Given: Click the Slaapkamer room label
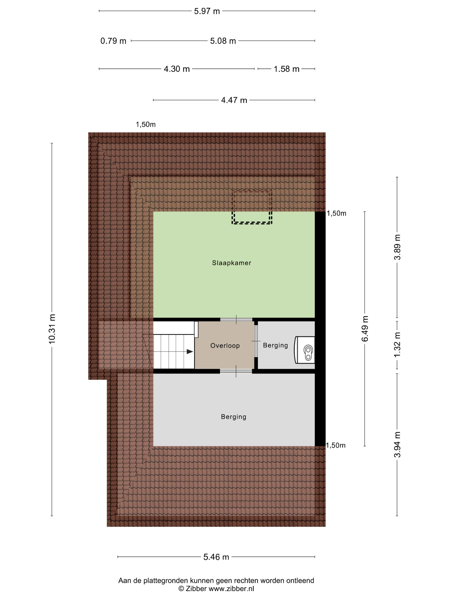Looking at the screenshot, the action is [x=231, y=263].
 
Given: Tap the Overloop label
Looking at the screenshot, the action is [x=225, y=345].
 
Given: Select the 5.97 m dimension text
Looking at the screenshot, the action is [x=207, y=11].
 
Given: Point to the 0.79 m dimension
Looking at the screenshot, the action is [x=113, y=41].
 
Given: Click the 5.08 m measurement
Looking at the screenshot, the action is [x=223, y=41].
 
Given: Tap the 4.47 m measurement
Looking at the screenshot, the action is [x=234, y=100].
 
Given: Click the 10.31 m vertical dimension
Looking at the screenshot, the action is [x=52, y=329].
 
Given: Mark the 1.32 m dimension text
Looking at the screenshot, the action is [x=397, y=344].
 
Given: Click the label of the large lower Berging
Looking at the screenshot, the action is [x=233, y=417].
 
